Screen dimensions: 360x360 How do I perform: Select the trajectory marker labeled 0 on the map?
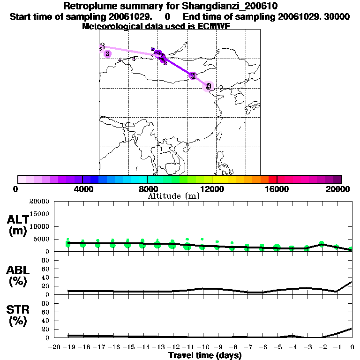click(x=209, y=86)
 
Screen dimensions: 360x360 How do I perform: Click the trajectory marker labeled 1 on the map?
click(x=193, y=75)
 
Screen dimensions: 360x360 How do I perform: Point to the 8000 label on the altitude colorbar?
click(x=147, y=189)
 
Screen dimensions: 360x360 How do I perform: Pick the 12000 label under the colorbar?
click(x=212, y=189)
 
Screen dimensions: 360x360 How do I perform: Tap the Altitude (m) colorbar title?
click(x=173, y=196)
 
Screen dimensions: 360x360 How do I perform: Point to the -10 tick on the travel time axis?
click(x=202, y=347)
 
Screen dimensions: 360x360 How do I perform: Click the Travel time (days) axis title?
click(x=205, y=356)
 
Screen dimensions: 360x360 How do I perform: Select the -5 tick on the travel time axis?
click(x=277, y=347)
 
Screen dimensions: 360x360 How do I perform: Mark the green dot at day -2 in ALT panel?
click(x=322, y=244)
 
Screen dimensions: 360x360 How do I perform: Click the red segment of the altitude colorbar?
click(x=273, y=179)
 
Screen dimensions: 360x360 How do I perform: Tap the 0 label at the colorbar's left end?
click(x=16, y=189)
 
